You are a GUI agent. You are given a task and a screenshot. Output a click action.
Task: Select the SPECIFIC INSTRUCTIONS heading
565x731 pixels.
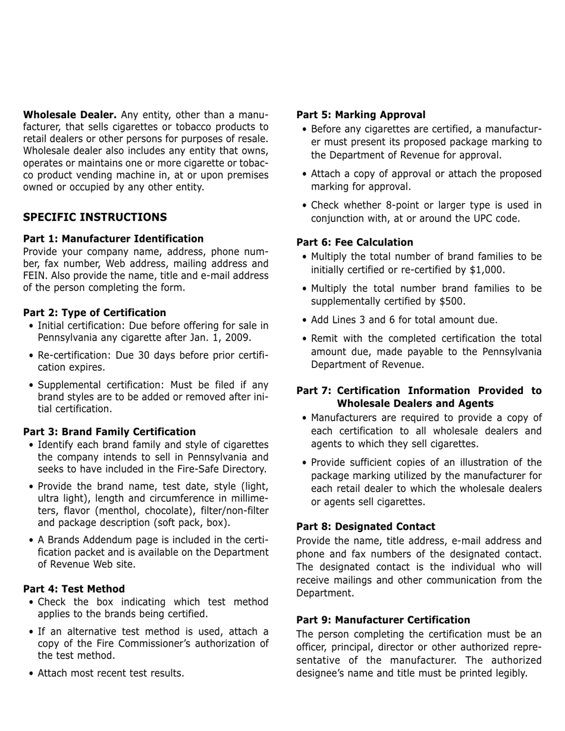[x=95, y=217]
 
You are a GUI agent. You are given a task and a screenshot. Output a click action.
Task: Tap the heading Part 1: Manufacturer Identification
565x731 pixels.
[x=113, y=239]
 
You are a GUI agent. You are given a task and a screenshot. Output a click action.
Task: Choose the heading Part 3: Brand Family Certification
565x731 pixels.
[x=109, y=431]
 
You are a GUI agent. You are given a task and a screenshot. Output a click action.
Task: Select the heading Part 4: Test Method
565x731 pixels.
[x=74, y=589]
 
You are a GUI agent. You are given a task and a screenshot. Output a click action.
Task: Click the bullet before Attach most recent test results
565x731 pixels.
[x=31, y=673]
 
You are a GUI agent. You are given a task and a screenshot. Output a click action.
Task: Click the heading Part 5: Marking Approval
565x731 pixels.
[x=360, y=115]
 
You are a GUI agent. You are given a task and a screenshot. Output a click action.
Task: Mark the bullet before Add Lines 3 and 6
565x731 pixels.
[x=305, y=320]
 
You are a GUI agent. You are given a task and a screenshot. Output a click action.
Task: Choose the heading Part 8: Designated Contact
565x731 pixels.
[x=365, y=527]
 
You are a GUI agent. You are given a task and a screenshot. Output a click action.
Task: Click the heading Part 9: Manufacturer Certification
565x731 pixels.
[x=383, y=620]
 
